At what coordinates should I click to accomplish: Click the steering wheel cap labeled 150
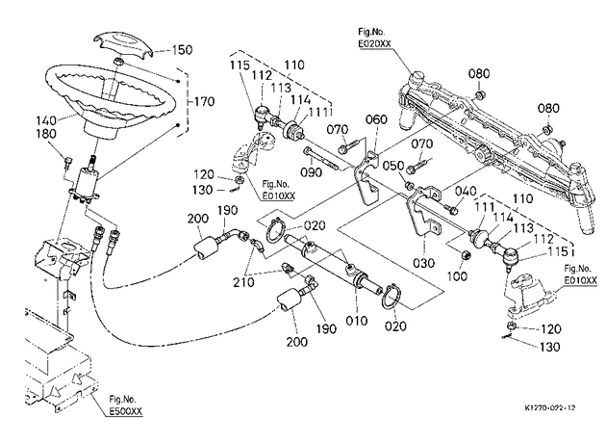point(124,44)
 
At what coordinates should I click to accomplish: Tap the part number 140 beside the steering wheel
point(46,120)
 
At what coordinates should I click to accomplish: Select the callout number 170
point(204,101)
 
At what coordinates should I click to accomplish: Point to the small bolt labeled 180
point(68,160)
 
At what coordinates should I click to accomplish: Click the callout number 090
point(311,170)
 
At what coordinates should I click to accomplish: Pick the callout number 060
point(376,119)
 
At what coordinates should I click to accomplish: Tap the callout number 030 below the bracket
point(423,263)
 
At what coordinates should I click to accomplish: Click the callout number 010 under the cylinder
point(356,321)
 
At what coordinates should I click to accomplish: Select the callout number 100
point(458,276)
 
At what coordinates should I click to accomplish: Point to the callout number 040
point(466,191)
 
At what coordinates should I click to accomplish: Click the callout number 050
point(393,166)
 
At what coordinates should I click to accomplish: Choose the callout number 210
point(244,282)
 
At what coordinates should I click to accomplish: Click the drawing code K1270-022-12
point(550,407)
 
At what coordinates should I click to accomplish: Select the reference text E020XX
point(374,43)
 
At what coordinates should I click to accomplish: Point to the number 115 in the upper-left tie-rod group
point(240,65)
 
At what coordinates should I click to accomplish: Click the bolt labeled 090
point(321,160)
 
